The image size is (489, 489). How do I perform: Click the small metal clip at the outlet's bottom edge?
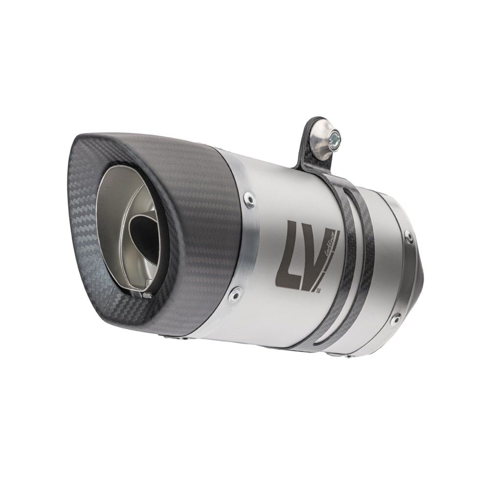tap(146, 295)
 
